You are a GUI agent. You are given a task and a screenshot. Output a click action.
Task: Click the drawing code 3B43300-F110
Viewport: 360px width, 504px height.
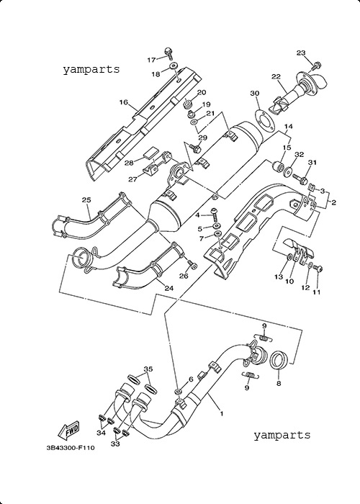point(71,447)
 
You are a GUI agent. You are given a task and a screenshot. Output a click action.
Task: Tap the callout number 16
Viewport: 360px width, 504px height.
point(124,102)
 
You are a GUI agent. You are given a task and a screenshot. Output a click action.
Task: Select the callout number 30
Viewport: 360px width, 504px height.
point(255,93)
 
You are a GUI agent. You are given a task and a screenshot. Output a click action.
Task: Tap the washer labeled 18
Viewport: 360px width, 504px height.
point(174,66)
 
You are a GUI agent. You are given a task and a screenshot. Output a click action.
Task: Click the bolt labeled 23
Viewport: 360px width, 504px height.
point(315,66)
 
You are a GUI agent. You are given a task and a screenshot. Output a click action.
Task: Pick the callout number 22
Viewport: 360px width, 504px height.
point(276,76)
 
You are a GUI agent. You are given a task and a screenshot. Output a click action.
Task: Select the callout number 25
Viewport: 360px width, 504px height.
point(86,200)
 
